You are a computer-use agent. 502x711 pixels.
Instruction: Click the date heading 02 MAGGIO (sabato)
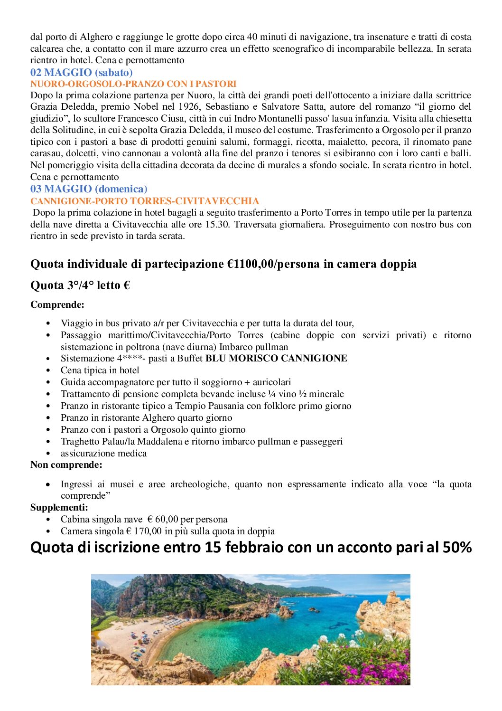tap(81, 73)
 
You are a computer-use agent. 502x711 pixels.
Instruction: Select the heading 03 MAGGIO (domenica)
tap(89, 189)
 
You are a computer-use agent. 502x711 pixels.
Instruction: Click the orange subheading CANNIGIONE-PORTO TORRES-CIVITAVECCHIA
tap(145, 201)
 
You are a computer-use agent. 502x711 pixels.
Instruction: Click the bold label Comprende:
tap(57, 304)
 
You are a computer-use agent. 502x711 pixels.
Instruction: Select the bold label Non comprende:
tap(66, 465)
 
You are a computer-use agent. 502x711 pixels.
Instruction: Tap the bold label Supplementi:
tap(59, 507)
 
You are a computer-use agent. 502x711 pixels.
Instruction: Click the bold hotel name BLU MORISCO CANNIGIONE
tap(276, 358)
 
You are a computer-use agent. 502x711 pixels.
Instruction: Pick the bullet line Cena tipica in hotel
tap(100, 370)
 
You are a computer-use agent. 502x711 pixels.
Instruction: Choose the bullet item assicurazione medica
tap(103, 453)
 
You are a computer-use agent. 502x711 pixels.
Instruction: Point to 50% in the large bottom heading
tap(457, 547)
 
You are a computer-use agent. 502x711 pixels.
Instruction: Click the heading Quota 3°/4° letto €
tap(80, 285)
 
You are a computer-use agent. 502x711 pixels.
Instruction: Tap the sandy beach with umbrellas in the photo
tap(138, 639)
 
